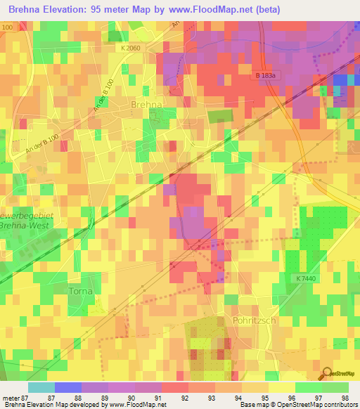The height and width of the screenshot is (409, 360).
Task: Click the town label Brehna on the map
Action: [146, 104]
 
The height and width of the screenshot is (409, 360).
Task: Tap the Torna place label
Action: [82, 290]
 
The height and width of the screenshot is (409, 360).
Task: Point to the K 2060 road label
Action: [131, 48]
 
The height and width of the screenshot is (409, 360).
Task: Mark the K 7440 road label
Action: [307, 279]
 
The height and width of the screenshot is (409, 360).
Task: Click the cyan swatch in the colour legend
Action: [41, 387]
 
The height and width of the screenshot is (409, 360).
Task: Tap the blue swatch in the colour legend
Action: [68, 387]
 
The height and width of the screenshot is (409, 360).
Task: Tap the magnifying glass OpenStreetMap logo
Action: [327, 372]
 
